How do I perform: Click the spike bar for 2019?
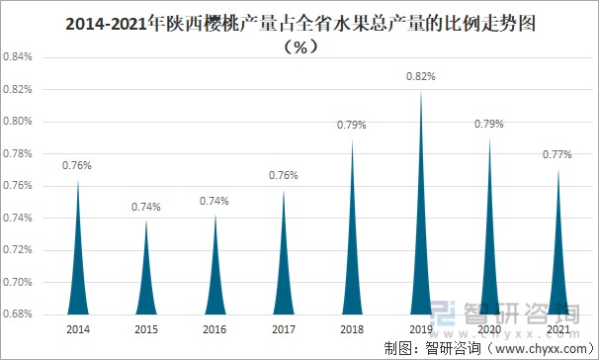[421, 247]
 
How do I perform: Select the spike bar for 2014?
[77, 267]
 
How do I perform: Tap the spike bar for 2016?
[214, 277]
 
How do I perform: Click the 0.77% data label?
[557, 155]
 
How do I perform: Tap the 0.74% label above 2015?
[145, 207]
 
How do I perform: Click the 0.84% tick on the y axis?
[19, 57]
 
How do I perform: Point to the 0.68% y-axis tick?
[19, 315]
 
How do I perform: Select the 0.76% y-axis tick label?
[19, 186]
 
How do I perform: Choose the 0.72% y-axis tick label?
[19, 250]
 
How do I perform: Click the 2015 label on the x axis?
[145, 328]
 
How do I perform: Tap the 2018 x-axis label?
[352, 328]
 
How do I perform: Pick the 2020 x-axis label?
[489, 328]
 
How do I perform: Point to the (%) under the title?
[299, 47]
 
